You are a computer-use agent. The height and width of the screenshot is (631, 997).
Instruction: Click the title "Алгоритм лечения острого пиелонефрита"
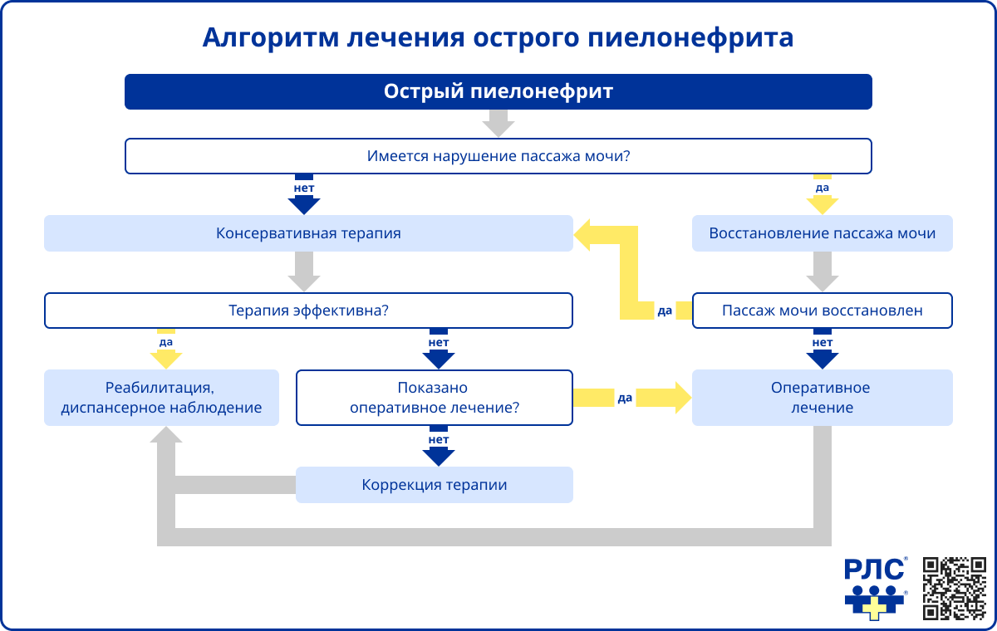(x=498, y=38)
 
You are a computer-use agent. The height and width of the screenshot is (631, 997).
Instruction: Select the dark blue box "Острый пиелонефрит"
(x=498, y=91)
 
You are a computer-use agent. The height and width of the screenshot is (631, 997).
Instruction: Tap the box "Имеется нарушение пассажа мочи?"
(x=498, y=156)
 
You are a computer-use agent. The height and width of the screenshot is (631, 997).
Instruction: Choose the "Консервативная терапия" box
(x=308, y=233)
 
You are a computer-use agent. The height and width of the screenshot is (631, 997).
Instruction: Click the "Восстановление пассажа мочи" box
(x=822, y=233)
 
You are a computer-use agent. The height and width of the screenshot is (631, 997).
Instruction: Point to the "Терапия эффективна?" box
(x=308, y=311)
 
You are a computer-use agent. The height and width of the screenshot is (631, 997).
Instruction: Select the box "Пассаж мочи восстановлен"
(x=822, y=311)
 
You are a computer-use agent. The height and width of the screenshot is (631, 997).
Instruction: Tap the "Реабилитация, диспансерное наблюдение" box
(x=161, y=398)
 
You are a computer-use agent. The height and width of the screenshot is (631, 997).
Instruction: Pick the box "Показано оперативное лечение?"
(x=435, y=398)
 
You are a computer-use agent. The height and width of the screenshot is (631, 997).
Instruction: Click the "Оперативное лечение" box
(x=822, y=398)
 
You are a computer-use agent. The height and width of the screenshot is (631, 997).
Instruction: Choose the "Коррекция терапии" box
(x=435, y=485)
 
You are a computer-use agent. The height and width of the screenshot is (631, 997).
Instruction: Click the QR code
(x=954, y=588)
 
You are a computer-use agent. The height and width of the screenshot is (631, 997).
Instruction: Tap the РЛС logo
(x=874, y=588)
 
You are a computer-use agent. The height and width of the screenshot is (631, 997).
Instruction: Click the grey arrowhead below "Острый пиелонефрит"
(x=498, y=127)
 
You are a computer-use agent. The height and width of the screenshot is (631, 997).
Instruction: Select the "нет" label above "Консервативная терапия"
(x=304, y=188)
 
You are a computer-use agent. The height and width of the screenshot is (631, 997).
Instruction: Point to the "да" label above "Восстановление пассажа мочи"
(x=822, y=188)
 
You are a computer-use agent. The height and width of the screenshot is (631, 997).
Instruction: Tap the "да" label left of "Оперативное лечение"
(x=625, y=399)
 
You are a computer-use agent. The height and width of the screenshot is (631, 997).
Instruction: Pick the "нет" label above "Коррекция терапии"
(x=439, y=439)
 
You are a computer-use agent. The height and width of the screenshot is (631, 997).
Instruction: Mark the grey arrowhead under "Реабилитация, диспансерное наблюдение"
(x=166, y=437)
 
